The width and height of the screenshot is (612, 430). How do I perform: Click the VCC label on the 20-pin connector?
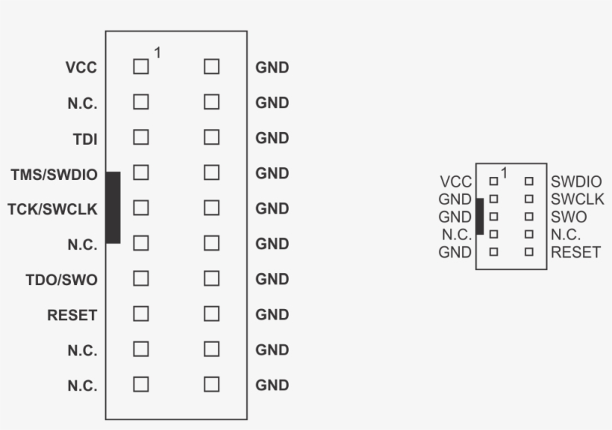point(81,68)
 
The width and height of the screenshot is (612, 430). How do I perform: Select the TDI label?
point(85,139)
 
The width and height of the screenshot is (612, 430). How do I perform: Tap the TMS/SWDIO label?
point(54,175)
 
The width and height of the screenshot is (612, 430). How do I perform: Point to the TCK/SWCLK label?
point(52,209)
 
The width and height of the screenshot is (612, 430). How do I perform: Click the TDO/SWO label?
point(62,280)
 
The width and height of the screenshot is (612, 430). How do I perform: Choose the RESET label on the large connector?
point(72,315)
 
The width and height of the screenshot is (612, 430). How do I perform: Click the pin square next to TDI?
point(141,137)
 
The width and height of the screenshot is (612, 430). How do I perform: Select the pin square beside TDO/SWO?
point(141,278)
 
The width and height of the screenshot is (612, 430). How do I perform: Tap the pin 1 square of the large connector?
point(141,66)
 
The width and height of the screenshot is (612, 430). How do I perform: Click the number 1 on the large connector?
point(157,53)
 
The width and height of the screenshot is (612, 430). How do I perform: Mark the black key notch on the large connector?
point(113,208)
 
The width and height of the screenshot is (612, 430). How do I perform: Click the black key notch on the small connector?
point(480,216)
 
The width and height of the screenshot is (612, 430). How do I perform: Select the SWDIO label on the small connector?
point(576,181)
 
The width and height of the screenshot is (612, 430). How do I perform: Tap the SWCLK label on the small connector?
point(578,199)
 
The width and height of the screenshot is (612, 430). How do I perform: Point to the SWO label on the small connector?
point(569,216)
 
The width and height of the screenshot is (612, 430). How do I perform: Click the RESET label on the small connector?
point(575,252)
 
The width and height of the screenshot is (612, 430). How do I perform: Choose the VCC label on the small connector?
point(456,181)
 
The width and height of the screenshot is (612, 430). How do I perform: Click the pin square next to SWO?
point(529,216)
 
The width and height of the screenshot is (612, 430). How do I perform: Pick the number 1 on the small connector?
point(504,172)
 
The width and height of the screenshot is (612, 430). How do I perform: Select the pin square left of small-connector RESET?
point(529,252)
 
